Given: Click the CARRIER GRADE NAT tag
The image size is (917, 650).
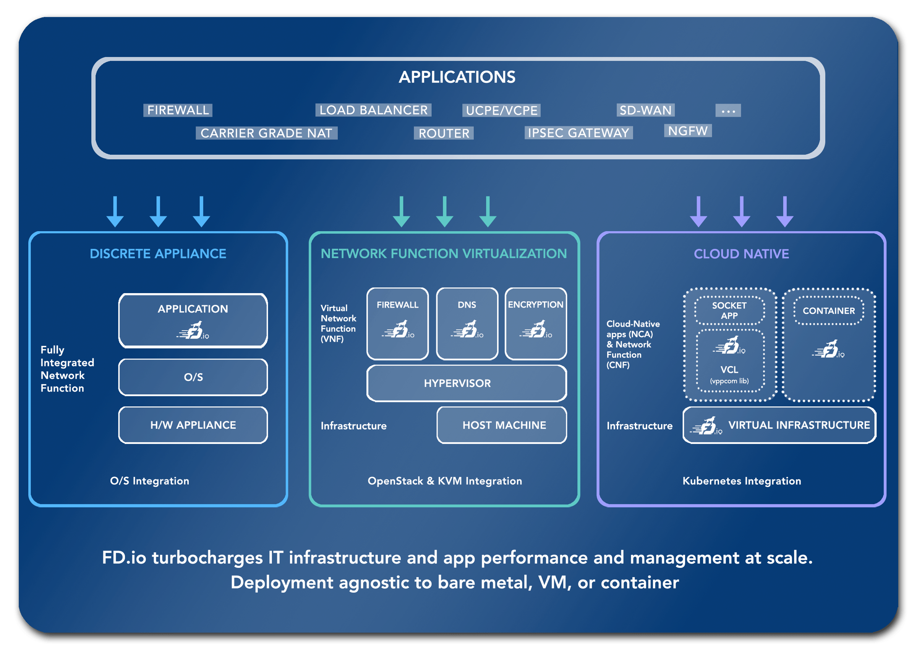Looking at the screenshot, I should [x=266, y=133].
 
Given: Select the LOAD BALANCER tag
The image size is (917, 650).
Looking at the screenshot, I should [x=373, y=110].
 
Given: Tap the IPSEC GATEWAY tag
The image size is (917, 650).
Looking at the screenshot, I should [x=578, y=133].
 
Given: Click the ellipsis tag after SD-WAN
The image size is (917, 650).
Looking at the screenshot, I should [x=728, y=110].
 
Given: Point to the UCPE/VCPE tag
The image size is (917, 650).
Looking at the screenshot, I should [x=501, y=110].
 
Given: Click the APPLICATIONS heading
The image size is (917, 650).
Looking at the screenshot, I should [x=457, y=77].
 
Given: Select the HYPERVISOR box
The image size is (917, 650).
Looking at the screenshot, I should [x=467, y=383].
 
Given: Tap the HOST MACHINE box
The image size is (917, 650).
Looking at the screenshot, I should [x=502, y=425].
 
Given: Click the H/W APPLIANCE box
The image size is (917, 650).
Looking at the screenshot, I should [x=193, y=425].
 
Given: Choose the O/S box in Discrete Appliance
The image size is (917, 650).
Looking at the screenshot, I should [x=193, y=377].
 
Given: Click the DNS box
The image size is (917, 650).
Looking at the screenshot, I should [x=467, y=323].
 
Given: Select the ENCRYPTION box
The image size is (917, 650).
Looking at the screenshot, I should [x=536, y=323].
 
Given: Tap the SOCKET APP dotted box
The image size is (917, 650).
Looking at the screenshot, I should [x=729, y=311].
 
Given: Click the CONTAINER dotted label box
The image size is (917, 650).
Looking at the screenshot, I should [x=829, y=311].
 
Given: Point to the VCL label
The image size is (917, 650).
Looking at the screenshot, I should [x=729, y=370].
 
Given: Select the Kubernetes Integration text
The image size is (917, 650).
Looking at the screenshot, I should [x=742, y=481].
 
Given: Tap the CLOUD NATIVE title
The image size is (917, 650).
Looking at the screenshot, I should [x=741, y=254].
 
